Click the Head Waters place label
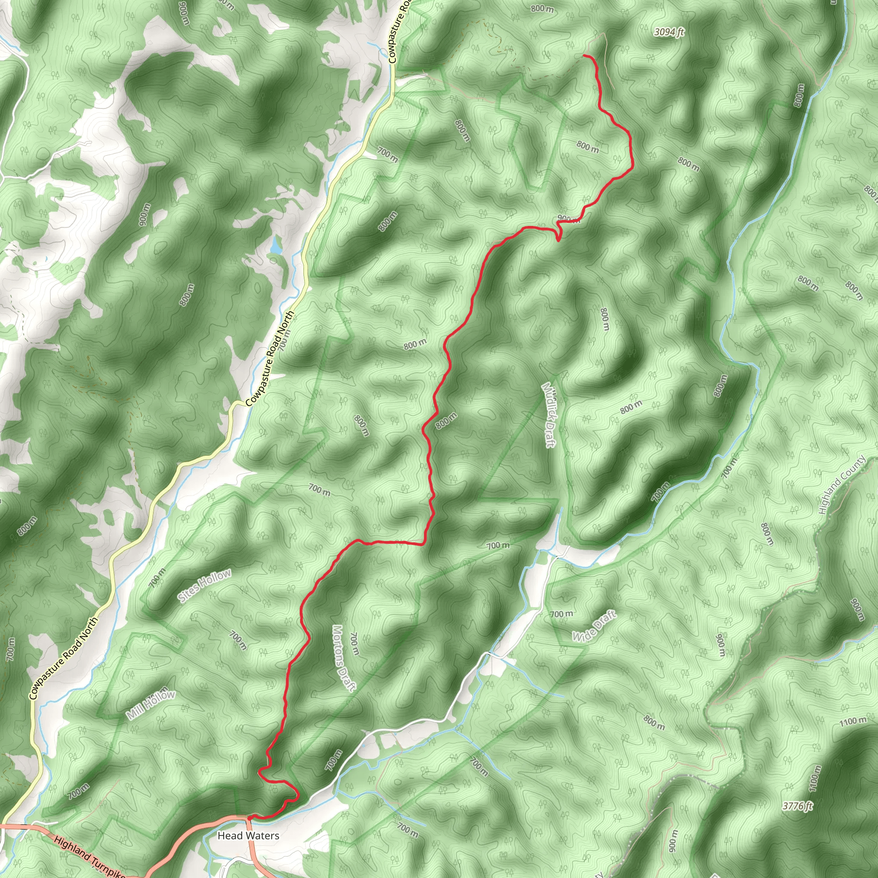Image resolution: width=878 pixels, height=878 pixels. [x=248, y=835]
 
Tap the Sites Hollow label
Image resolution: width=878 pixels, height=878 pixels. [x=204, y=586]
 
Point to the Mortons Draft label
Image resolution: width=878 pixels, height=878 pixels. [x=343, y=658]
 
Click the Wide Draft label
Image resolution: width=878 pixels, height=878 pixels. [x=593, y=627]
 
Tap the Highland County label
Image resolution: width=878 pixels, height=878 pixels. [x=842, y=485]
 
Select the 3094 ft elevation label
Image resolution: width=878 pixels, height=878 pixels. [x=669, y=32]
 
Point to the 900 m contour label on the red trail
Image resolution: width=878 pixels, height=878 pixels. [x=568, y=219]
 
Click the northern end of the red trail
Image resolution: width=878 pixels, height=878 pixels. [x=584, y=55]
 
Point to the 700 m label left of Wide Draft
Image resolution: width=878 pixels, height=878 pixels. [x=561, y=614]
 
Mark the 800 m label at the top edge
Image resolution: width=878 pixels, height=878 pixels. [x=542, y=9]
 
